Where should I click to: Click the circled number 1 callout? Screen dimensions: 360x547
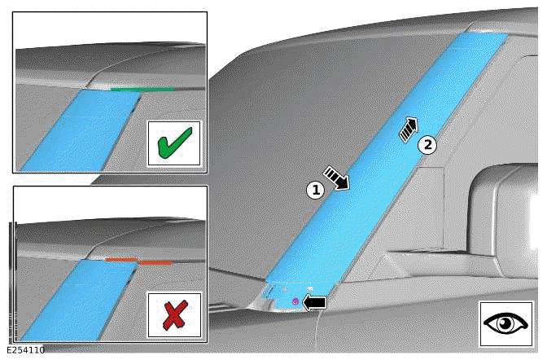tap(315, 190)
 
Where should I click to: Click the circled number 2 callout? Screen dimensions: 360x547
tap(427, 145)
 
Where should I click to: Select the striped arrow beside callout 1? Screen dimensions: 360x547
tap(336, 177)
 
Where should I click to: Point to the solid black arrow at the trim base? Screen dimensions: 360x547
tap(314, 302)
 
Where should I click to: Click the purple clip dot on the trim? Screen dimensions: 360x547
tap(295, 301)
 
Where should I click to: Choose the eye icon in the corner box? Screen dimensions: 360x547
tap(506, 323)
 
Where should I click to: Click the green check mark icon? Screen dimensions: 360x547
tap(173, 143)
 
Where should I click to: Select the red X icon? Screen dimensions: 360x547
tap(173, 314)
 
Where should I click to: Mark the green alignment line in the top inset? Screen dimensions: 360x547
tap(142, 89)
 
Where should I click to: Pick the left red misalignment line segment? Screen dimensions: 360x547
tap(120, 260)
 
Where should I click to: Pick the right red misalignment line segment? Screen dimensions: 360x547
tap(155, 263)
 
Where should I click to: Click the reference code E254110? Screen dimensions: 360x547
tap(26, 350)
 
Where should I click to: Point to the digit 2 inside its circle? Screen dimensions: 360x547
tap(427, 145)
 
